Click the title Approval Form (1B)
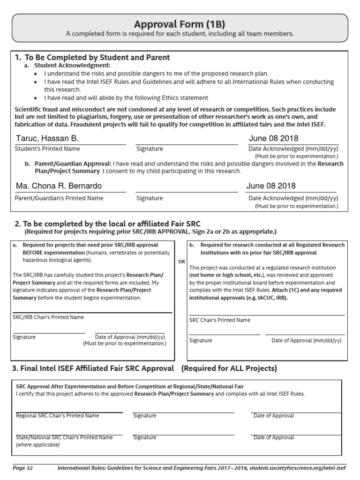(x=180, y=24)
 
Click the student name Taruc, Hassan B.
(x=47, y=138)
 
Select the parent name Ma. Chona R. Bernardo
(x=59, y=186)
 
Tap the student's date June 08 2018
(x=273, y=138)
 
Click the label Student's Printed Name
(x=47, y=149)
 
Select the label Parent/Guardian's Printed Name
(x=59, y=198)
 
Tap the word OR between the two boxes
(x=181, y=262)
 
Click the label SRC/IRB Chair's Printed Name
(x=48, y=317)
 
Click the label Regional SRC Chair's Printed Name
(x=58, y=416)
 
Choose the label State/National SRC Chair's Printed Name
(x=64, y=437)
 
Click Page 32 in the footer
(x=23, y=468)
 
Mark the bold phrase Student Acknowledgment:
(x=72, y=66)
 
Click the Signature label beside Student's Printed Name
(x=150, y=149)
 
